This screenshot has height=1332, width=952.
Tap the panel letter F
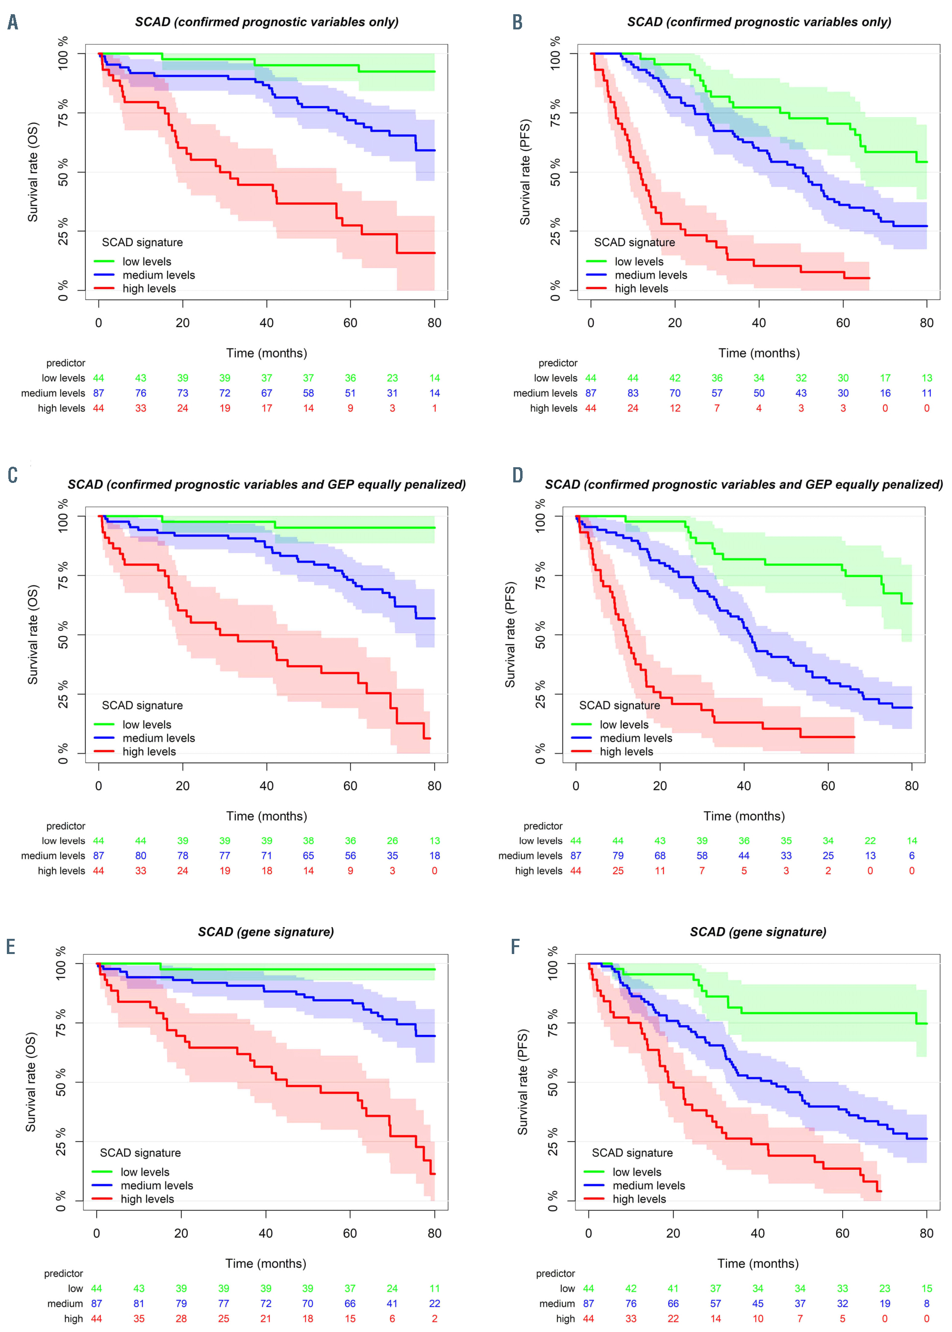[x=515, y=946]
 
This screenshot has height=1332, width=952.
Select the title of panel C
[x=267, y=484]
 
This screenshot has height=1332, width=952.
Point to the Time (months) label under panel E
[x=266, y=1263]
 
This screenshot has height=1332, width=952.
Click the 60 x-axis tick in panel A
[x=350, y=323]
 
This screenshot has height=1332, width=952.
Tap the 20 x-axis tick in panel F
[x=673, y=1233]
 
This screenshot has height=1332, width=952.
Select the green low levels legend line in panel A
[x=104, y=261]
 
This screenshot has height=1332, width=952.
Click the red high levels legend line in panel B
[x=596, y=288]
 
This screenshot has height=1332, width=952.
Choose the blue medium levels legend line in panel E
[x=102, y=1185]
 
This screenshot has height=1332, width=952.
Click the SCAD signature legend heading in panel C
[x=143, y=705]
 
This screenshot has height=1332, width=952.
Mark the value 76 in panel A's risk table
[x=141, y=393]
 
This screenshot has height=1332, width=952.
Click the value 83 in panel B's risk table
[x=632, y=393]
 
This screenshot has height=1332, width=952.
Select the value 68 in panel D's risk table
[x=659, y=855]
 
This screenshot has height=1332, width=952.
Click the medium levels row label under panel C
[x=53, y=855]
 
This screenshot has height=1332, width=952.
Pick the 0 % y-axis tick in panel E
[x=61, y=1200]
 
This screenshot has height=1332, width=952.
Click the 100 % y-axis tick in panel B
[x=555, y=53]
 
